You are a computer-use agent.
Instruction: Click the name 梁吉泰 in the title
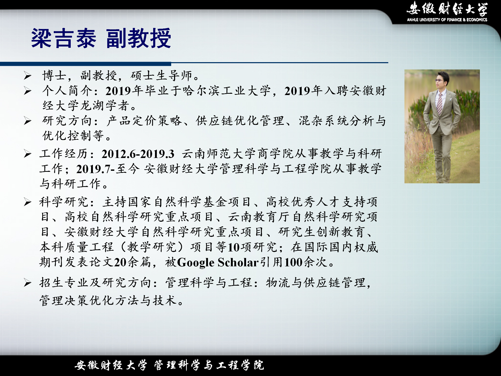pyautogui.click(x=64, y=38)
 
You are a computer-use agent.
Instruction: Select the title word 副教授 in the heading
pyautogui.click(x=139, y=38)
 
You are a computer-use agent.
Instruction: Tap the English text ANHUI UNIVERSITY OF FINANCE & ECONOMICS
pyautogui.click(x=447, y=20)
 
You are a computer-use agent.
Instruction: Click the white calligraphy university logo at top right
pyautogui.click(x=447, y=8)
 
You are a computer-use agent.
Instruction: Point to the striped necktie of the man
pyautogui.click(x=440, y=104)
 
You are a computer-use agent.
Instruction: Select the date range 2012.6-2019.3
pyautogui.click(x=138, y=154)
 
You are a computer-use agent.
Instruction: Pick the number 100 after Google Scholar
pyautogui.click(x=293, y=262)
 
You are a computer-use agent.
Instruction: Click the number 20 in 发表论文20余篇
pyautogui.click(x=120, y=262)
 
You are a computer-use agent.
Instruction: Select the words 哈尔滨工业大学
pyautogui.click(x=226, y=91)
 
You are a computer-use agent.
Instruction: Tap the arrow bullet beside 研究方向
pyautogui.click(x=28, y=121)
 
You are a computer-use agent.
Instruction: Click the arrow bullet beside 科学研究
pyautogui.click(x=28, y=202)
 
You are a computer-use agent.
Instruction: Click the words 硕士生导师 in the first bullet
pyautogui.click(x=162, y=76)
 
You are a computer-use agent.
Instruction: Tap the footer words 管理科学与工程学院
pyautogui.click(x=209, y=365)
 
